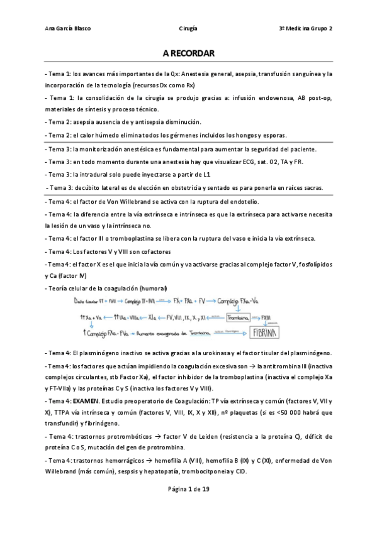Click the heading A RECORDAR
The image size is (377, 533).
[x=188, y=55]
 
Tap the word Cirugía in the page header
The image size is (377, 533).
[x=188, y=28]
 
